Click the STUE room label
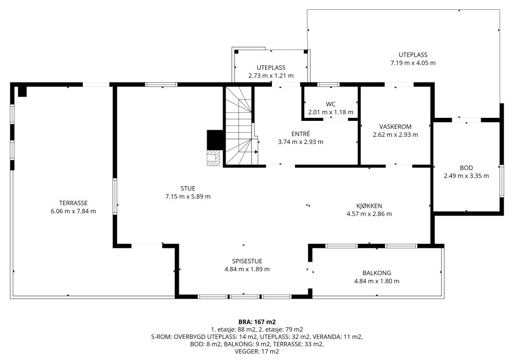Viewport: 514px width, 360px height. click(188, 189)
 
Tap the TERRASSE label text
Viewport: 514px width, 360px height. click(74, 203)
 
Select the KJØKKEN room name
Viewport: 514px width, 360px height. click(369, 206)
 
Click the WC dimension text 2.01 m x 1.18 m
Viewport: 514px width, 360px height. click(331, 112)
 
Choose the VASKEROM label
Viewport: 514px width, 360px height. click(395, 127)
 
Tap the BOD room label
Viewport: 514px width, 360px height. click(466, 168)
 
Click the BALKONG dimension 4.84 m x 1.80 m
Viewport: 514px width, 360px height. click(377, 281)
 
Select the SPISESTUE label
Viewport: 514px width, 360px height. click(247, 261)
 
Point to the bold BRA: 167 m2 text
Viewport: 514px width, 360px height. click(257, 322)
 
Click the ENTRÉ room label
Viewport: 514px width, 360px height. click(301, 134)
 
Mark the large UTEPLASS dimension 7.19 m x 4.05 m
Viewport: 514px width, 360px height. click(413, 63)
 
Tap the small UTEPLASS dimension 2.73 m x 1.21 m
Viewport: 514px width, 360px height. click(271, 76)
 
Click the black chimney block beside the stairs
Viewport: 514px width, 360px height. click(215, 140)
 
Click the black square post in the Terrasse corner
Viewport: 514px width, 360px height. click(22, 91)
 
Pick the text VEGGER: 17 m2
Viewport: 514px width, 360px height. click(257, 351)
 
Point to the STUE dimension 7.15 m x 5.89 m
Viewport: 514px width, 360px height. click(188, 197)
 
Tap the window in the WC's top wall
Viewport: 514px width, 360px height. click(328, 84)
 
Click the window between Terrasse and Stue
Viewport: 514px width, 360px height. click(115, 196)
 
